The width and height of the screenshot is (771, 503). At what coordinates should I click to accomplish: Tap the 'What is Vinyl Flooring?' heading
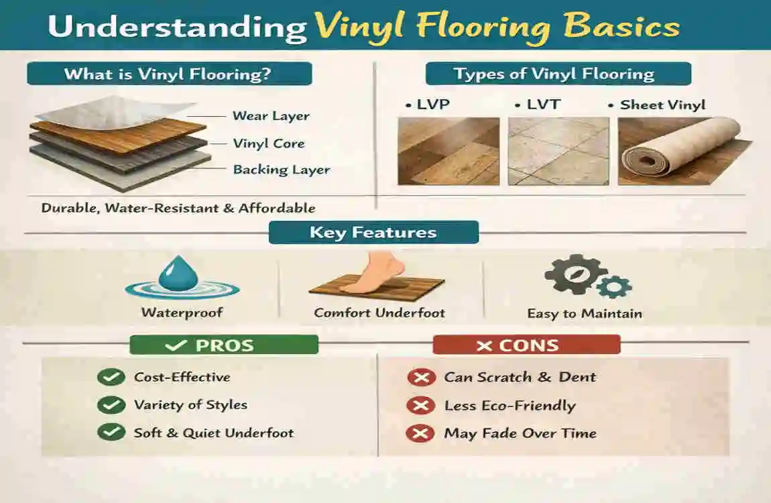point(169,74)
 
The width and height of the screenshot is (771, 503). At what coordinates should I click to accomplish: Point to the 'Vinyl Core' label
point(268,144)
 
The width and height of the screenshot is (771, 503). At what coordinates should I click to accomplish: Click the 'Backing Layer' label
point(281,170)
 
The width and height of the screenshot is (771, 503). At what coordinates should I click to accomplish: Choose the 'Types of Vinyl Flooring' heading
point(554,74)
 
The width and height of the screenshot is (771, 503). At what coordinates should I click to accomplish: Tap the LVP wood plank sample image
point(448,152)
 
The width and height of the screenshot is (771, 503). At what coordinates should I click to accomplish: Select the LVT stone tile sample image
point(558,152)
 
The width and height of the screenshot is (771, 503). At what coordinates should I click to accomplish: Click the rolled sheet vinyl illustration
point(680,152)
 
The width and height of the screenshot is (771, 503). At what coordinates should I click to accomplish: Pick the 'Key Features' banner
point(373,233)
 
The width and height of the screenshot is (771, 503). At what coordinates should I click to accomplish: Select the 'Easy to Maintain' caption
point(584,314)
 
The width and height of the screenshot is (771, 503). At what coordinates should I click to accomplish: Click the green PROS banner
point(223,345)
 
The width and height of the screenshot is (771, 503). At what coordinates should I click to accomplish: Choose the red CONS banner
point(526,345)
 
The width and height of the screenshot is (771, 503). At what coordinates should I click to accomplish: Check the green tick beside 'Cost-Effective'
point(111,378)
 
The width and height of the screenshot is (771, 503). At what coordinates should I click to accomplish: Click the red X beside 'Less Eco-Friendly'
point(420,406)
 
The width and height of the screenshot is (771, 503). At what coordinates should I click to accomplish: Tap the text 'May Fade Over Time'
point(520,433)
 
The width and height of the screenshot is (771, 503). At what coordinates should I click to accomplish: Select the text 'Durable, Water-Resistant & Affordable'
point(178,208)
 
